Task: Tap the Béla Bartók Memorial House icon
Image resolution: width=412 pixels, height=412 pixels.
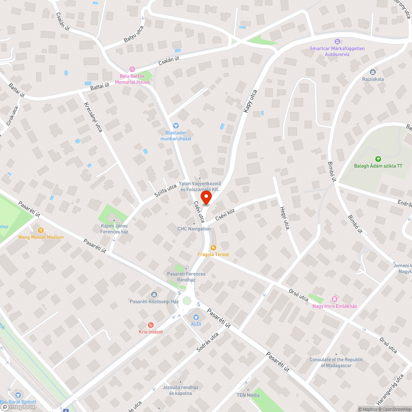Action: pos(132,69)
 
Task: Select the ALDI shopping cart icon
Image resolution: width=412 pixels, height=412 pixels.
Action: pos(196,317)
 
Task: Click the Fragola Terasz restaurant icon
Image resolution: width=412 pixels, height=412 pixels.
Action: pos(213,248)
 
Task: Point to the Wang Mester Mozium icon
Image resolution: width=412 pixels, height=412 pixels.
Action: pos(40,230)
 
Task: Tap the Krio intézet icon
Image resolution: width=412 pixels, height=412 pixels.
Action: pos(150,325)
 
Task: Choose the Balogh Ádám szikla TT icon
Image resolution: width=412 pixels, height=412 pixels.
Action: pos(378,159)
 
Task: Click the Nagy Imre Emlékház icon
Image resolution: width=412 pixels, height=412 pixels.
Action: pos(334,299)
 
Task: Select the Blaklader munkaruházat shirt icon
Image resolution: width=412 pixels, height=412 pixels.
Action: pos(176,126)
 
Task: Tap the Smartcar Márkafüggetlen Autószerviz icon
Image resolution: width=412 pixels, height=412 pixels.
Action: pos(337,41)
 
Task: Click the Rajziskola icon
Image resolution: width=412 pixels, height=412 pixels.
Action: pos(373,72)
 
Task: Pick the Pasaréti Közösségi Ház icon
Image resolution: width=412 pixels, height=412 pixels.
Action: pos(154,295)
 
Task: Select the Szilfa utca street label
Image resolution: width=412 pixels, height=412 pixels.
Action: pos(166,192)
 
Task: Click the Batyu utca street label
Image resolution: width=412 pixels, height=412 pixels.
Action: pos(133,34)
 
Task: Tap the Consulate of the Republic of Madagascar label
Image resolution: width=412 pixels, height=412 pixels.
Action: pos(336,362)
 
